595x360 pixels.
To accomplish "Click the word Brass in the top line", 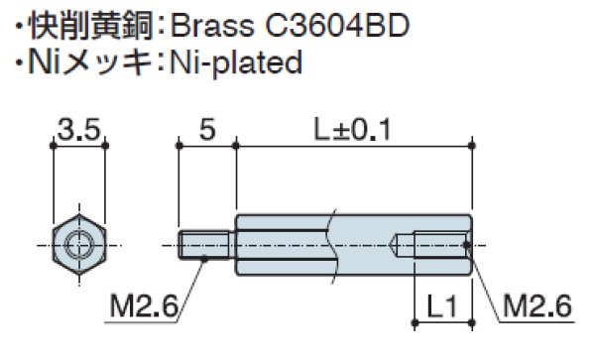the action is click(212, 26).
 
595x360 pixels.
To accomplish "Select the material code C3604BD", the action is click(337, 26).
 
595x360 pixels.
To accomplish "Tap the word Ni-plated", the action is click(236, 62).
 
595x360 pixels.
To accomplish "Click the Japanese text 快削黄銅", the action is click(91, 26).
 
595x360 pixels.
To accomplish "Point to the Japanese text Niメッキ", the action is click(90, 62).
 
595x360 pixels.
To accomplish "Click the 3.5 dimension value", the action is click(79, 130).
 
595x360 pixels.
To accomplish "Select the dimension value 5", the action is click(207, 130).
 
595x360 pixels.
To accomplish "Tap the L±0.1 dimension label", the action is click(352, 130).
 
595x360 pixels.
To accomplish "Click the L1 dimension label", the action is click(442, 305).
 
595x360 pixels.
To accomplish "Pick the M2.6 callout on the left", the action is click(144, 305).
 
